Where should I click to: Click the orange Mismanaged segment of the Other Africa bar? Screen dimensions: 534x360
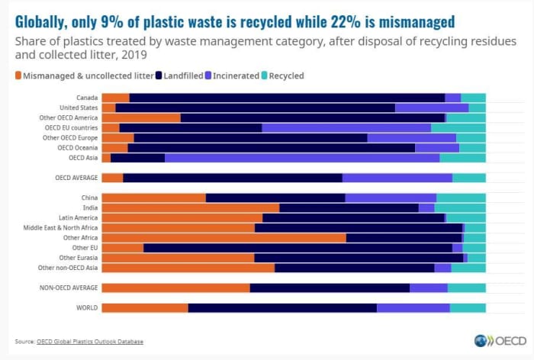[224, 238]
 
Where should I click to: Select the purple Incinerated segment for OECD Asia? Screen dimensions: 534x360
[302, 158]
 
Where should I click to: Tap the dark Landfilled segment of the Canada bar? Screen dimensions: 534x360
[287, 98]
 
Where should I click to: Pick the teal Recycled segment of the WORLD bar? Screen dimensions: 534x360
[468, 308]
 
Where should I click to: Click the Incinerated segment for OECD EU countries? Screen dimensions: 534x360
[346, 127]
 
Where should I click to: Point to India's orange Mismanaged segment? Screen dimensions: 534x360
[191, 207]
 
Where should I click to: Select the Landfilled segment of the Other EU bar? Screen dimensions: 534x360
[298, 248]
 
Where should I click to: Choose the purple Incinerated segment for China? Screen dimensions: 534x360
[391, 198]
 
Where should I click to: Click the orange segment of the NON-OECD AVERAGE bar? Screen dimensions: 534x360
[176, 288]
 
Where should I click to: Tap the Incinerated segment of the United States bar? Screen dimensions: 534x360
[432, 108]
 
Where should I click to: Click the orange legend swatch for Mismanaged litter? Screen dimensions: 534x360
[18, 76]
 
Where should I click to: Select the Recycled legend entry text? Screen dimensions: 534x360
[286, 76]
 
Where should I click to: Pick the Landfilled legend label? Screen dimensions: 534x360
[183, 76]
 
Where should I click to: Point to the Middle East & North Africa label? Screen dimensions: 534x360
[60, 227]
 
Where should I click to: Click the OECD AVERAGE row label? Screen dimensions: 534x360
[76, 178]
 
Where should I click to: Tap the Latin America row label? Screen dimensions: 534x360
[78, 217]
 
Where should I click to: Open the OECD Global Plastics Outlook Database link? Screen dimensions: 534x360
[90, 341]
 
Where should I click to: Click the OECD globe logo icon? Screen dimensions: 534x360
[481, 341]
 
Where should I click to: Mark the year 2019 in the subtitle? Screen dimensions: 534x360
[133, 54]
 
